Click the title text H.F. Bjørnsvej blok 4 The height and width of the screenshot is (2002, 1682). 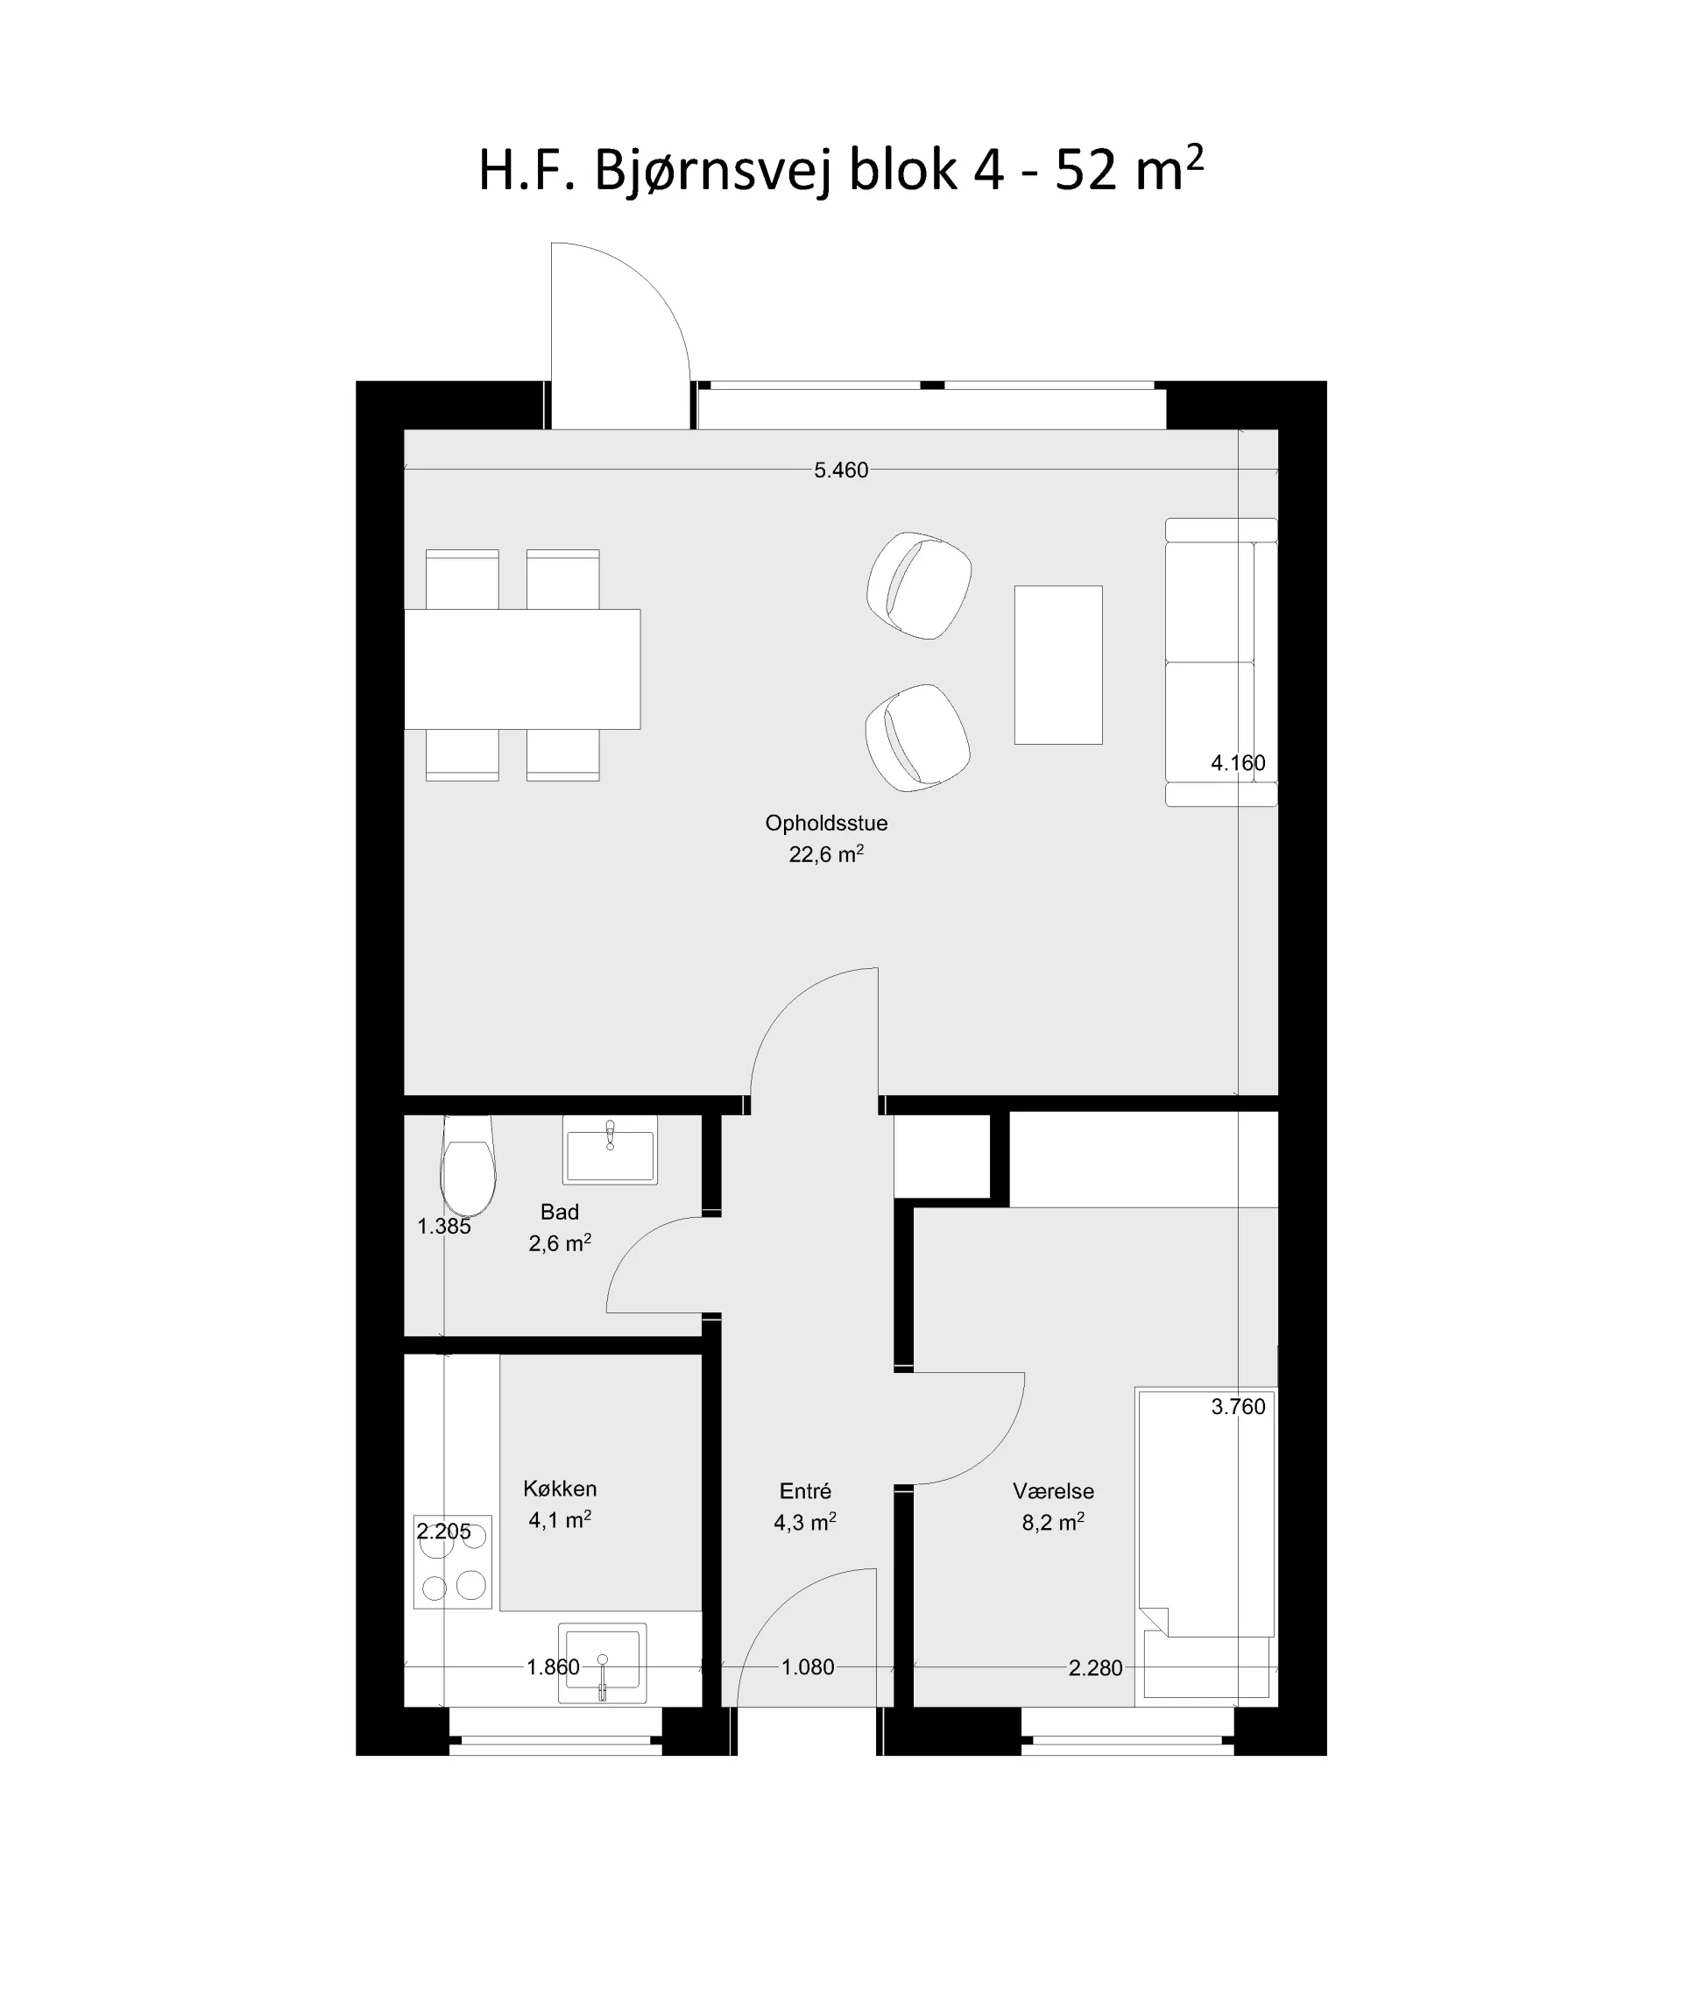[741, 172]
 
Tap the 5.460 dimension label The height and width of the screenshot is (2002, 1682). [841, 470]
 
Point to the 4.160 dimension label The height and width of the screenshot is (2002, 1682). [1238, 763]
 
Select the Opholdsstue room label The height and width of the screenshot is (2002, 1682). [826, 823]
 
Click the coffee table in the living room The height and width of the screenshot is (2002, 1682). [1058, 665]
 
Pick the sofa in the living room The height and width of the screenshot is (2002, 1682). [1221, 661]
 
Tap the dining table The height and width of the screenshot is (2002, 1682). [521, 669]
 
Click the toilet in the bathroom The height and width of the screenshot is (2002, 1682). [467, 1165]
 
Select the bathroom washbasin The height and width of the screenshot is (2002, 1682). [611, 1150]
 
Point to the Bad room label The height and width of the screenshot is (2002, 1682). [560, 1213]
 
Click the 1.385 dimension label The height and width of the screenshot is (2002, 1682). [444, 1227]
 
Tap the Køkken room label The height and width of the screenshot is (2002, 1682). [560, 1489]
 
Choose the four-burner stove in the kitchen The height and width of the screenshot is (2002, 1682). [453, 1561]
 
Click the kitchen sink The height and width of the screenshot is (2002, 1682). [602, 1664]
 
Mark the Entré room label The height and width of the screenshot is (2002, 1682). [806, 1491]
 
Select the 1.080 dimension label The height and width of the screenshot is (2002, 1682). [808, 1667]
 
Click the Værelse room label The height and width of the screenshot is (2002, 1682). [1054, 1491]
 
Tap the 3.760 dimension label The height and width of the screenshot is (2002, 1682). [1238, 1407]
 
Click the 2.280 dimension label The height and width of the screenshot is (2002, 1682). [1096, 1668]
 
